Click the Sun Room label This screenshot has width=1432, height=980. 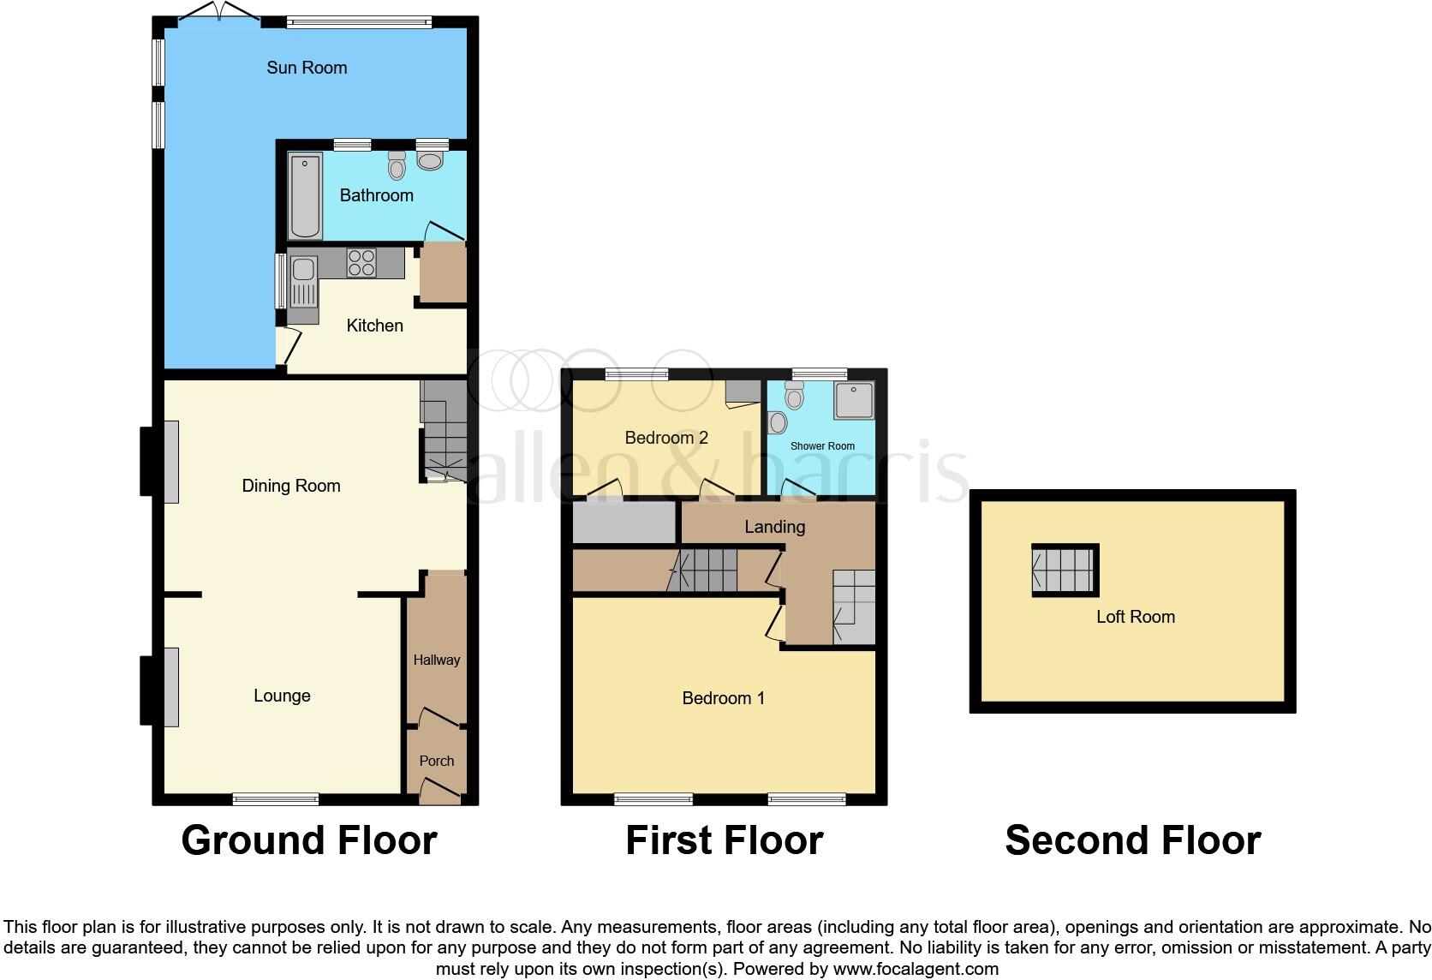pyautogui.click(x=307, y=68)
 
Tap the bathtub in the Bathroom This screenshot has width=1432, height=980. pyautogui.click(x=305, y=196)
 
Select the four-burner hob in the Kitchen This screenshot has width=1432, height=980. pyautogui.click(x=361, y=262)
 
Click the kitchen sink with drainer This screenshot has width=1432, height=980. pyautogui.click(x=303, y=283)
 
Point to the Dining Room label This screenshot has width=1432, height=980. pyautogui.click(x=291, y=486)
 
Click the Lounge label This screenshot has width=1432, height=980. pyautogui.click(x=282, y=696)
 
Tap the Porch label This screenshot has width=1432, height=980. pyautogui.click(x=437, y=761)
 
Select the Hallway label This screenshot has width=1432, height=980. pyautogui.click(x=437, y=660)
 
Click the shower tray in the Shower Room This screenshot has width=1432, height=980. pyautogui.click(x=854, y=400)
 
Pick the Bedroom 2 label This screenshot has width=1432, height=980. pyautogui.click(x=666, y=438)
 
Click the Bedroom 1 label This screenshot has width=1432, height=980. pyautogui.click(x=723, y=698)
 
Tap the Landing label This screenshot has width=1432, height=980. pyautogui.click(x=774, y=527)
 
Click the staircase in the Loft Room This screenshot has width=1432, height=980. pyautogui.click(x=1065, y=571)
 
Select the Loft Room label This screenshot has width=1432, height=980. pyautogui.click(x=1136, y=617)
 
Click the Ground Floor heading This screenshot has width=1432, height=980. pyautogui.click(x=309, y=840)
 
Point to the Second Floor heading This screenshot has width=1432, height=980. pyautogui.click(x=1132, y=840)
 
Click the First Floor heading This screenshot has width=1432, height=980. pyautogui.click(x=724, y=840)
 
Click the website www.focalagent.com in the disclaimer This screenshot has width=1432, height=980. pyautogui.click(x=915, y=969)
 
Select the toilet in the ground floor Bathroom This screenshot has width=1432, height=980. pyautogui.click(x=396, y=165)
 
